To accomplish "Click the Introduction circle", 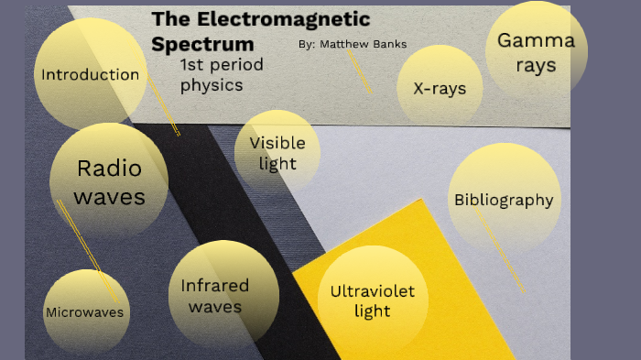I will click(x=89, y=73).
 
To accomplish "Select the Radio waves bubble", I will click(x=109, y=181).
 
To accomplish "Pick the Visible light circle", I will click(x=277, y=153).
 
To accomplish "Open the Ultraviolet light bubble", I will click(x=372, y=300).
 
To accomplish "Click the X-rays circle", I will click(x=440, y=89).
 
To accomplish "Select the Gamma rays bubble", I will click(x=536, y=51).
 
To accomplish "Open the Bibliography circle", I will click(x=504, y=200).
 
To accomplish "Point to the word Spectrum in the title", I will click(x=202, y=44).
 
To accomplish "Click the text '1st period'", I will click(x=222, y=65).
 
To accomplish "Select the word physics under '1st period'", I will click(x=211, y=85).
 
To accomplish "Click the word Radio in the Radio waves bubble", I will click(x=109, y=169).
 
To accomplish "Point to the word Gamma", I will click(x=536, y=40).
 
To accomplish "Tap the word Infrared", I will click(x=214, y=285).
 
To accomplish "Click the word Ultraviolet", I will click(x=372, y=291).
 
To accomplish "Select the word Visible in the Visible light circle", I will click(x=277, y=143).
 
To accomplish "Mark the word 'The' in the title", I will click(x=168, y=19).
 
